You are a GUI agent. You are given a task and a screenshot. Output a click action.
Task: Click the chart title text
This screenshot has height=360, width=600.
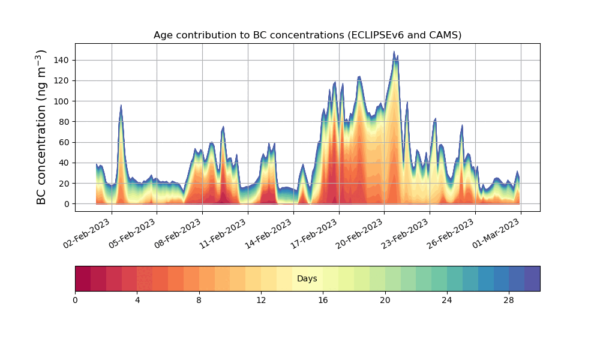point(307,35)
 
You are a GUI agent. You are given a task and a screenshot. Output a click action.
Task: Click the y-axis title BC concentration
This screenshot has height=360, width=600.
point(41,127)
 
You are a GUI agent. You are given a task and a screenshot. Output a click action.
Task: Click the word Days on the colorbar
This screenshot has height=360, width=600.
point(307,279)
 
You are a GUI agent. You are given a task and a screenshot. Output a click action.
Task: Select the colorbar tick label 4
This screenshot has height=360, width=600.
point(137,300)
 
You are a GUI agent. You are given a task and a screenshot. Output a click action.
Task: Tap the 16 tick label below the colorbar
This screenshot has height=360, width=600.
point(323,300)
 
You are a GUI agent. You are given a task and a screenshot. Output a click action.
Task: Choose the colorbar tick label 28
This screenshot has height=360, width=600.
point(509,300)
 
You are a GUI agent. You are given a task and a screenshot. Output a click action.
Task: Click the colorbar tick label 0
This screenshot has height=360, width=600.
point(76,300)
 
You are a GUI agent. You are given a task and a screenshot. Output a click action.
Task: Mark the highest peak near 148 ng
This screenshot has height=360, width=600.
point(394,52)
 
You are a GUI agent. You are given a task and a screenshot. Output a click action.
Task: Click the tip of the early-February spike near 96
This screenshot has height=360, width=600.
point(121,106)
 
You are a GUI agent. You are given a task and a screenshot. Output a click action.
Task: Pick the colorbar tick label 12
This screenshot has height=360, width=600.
point(261,300)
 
